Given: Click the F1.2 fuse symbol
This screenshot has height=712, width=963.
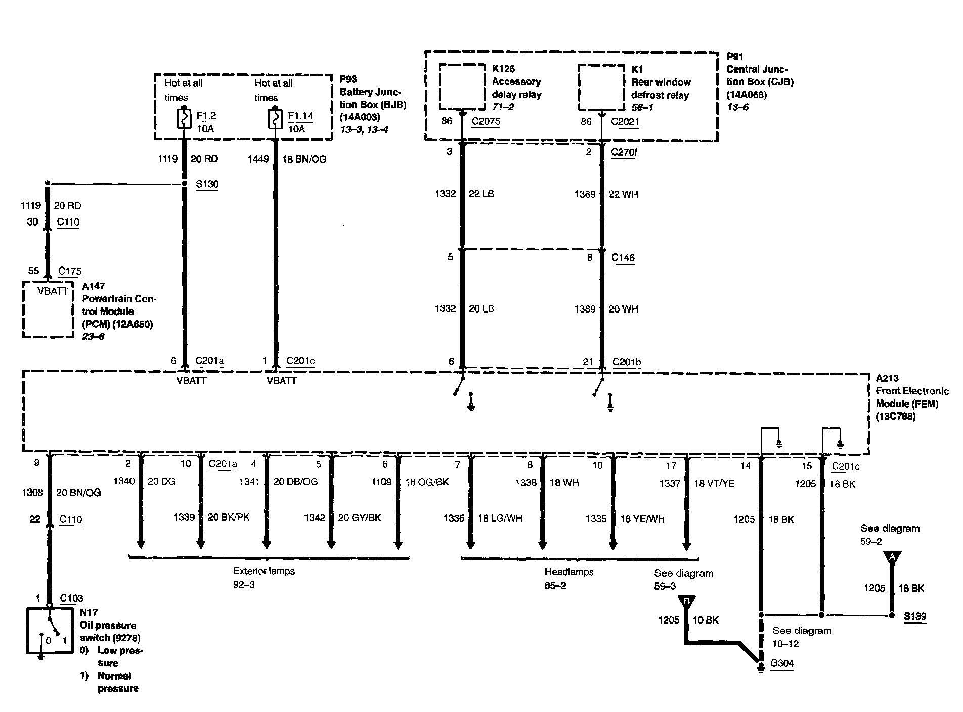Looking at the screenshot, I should coord(183,120).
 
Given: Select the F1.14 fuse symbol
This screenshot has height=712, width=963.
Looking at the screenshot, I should coord(275,120).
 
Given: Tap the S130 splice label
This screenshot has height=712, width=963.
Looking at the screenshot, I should coord(207,184).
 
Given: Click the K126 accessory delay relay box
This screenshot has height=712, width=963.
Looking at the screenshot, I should coord(461,86).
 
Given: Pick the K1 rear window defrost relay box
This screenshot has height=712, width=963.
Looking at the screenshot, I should coord(601,87).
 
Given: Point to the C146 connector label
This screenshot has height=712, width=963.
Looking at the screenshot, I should coord(623,257).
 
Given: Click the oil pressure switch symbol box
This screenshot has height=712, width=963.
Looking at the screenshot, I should coord(49,631).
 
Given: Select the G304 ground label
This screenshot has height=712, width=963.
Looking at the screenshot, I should coord(781,664).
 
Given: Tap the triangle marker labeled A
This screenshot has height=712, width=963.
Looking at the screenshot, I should coord(892,556).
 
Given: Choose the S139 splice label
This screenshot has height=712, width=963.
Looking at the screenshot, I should coord(915,616).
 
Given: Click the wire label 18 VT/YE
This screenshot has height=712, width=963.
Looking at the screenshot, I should coord(714,484).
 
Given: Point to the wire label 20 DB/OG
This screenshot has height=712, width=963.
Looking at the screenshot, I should coord(295,482).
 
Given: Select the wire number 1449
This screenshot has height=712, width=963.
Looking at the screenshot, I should coord(258,159).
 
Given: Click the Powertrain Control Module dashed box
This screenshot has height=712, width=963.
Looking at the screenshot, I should coord(48,309).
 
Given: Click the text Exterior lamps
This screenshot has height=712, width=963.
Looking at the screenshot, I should coord(264,571).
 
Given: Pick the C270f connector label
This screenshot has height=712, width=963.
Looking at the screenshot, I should coord(624,152).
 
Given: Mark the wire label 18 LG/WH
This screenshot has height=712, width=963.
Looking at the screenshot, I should coord(500,518).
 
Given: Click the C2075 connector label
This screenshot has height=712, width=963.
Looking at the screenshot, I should coord(486,121).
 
